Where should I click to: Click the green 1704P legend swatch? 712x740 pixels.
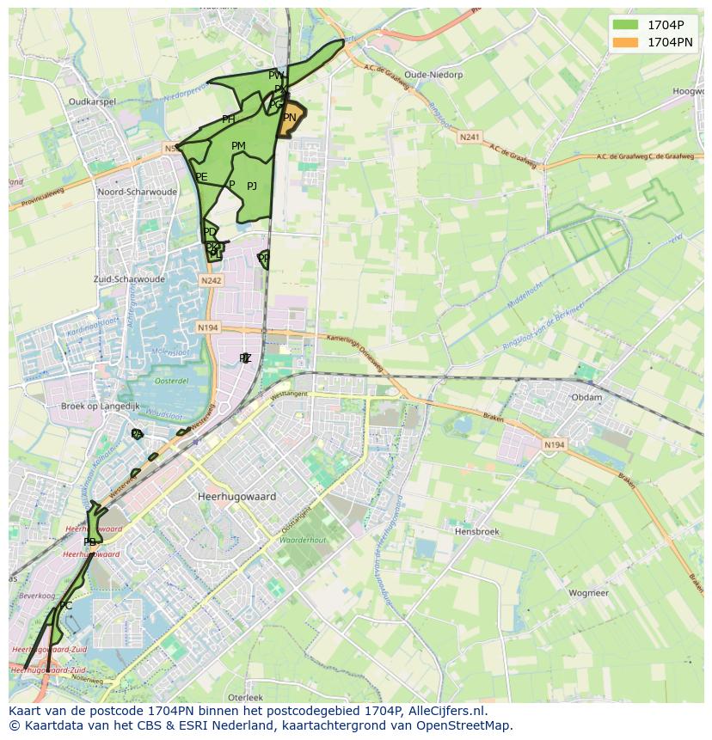(x=626, y=25)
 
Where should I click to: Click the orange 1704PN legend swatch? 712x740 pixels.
(x=626, y=41)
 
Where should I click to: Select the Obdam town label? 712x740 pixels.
(x=586, y=397)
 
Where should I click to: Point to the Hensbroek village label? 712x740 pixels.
(x=476, y=532)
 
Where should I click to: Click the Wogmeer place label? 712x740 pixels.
(x=588, y=593)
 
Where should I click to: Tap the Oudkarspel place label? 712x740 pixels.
(x=92, y=101)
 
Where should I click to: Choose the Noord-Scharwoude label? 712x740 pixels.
(x=138, y=192)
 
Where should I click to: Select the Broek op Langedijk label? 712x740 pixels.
(x=100, y=406)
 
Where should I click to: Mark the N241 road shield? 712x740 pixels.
(x=470, y=137)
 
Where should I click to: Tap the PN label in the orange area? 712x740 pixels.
(x=290, y=118)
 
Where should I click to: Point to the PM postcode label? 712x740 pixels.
(x=238, y=146)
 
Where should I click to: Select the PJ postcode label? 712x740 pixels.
(x=252, y=186)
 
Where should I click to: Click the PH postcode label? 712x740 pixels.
(x=228, y=119)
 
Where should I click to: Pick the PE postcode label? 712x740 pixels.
(x=201, y=177)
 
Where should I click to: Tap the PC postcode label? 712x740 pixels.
(x=65, y=606)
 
